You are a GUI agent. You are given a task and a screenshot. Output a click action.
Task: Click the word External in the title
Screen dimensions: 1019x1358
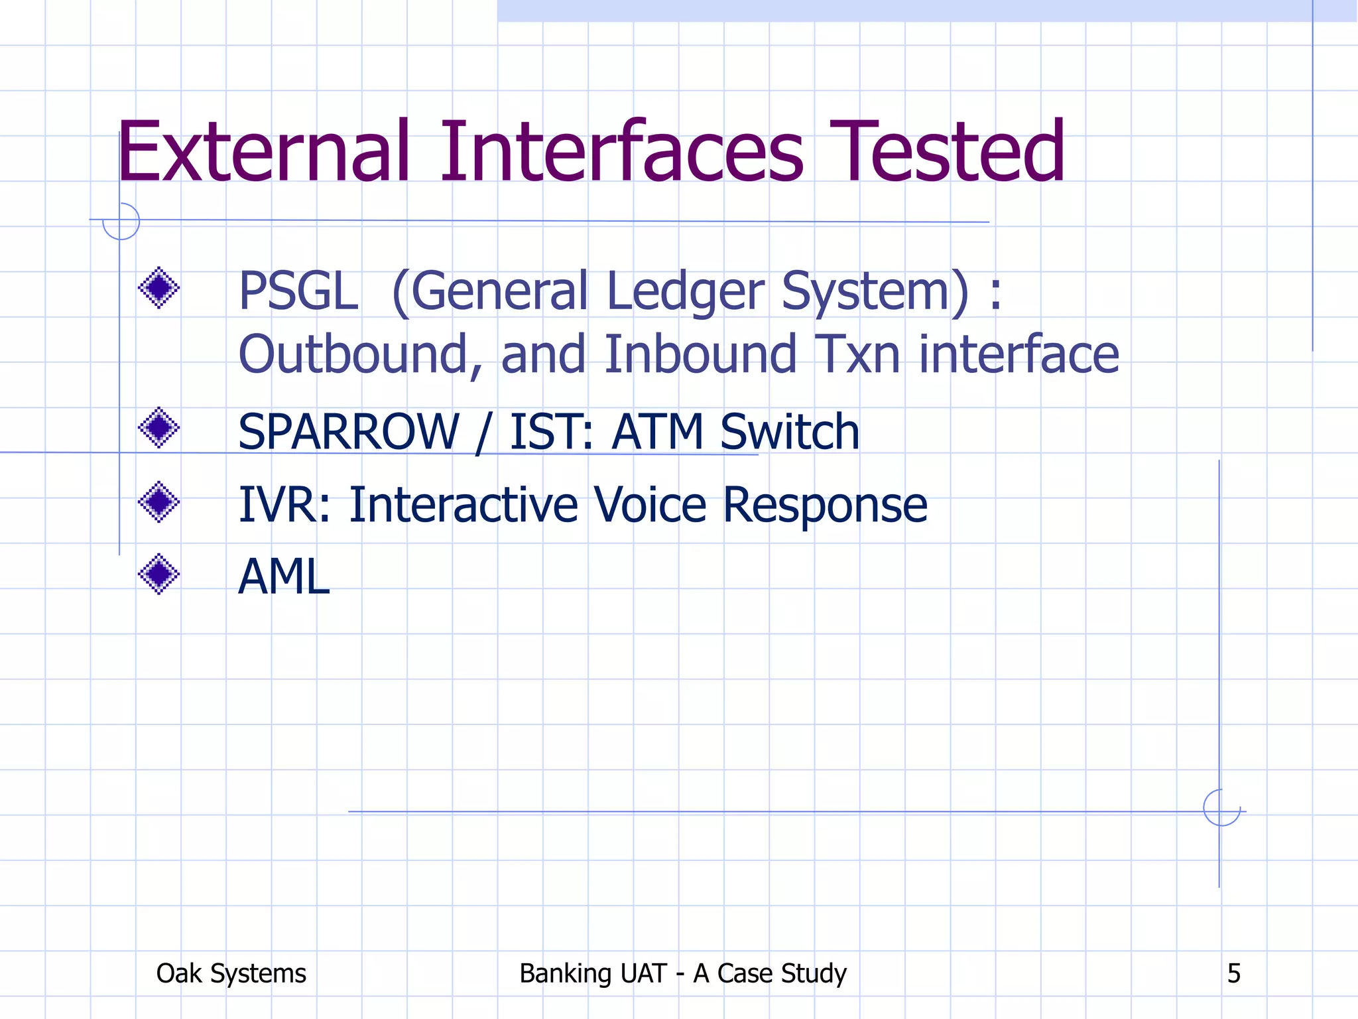point(264,153)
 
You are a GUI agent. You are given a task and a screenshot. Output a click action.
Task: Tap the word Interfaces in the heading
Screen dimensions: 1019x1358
point(621,153)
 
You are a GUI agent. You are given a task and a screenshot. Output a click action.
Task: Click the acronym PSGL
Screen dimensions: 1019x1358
point(298,292)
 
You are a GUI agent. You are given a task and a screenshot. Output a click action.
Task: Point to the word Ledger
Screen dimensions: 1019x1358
point(686,292)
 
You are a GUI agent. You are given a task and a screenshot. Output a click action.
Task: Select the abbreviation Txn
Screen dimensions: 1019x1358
point(857,355)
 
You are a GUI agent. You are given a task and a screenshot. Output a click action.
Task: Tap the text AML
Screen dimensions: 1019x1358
point(284,577)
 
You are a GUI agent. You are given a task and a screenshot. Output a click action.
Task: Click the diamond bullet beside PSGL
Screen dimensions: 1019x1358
point(159,288)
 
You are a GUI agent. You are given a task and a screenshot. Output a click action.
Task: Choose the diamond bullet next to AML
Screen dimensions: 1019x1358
point(159,574)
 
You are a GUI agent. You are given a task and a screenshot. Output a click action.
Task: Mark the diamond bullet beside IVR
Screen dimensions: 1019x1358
point(159,502)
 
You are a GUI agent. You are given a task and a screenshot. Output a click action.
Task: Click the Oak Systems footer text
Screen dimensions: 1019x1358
point(231,974)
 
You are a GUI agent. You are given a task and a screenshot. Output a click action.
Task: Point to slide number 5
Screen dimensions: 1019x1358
point(1233,974)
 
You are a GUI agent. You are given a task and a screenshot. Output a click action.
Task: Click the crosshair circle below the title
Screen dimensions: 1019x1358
point(121,220)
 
